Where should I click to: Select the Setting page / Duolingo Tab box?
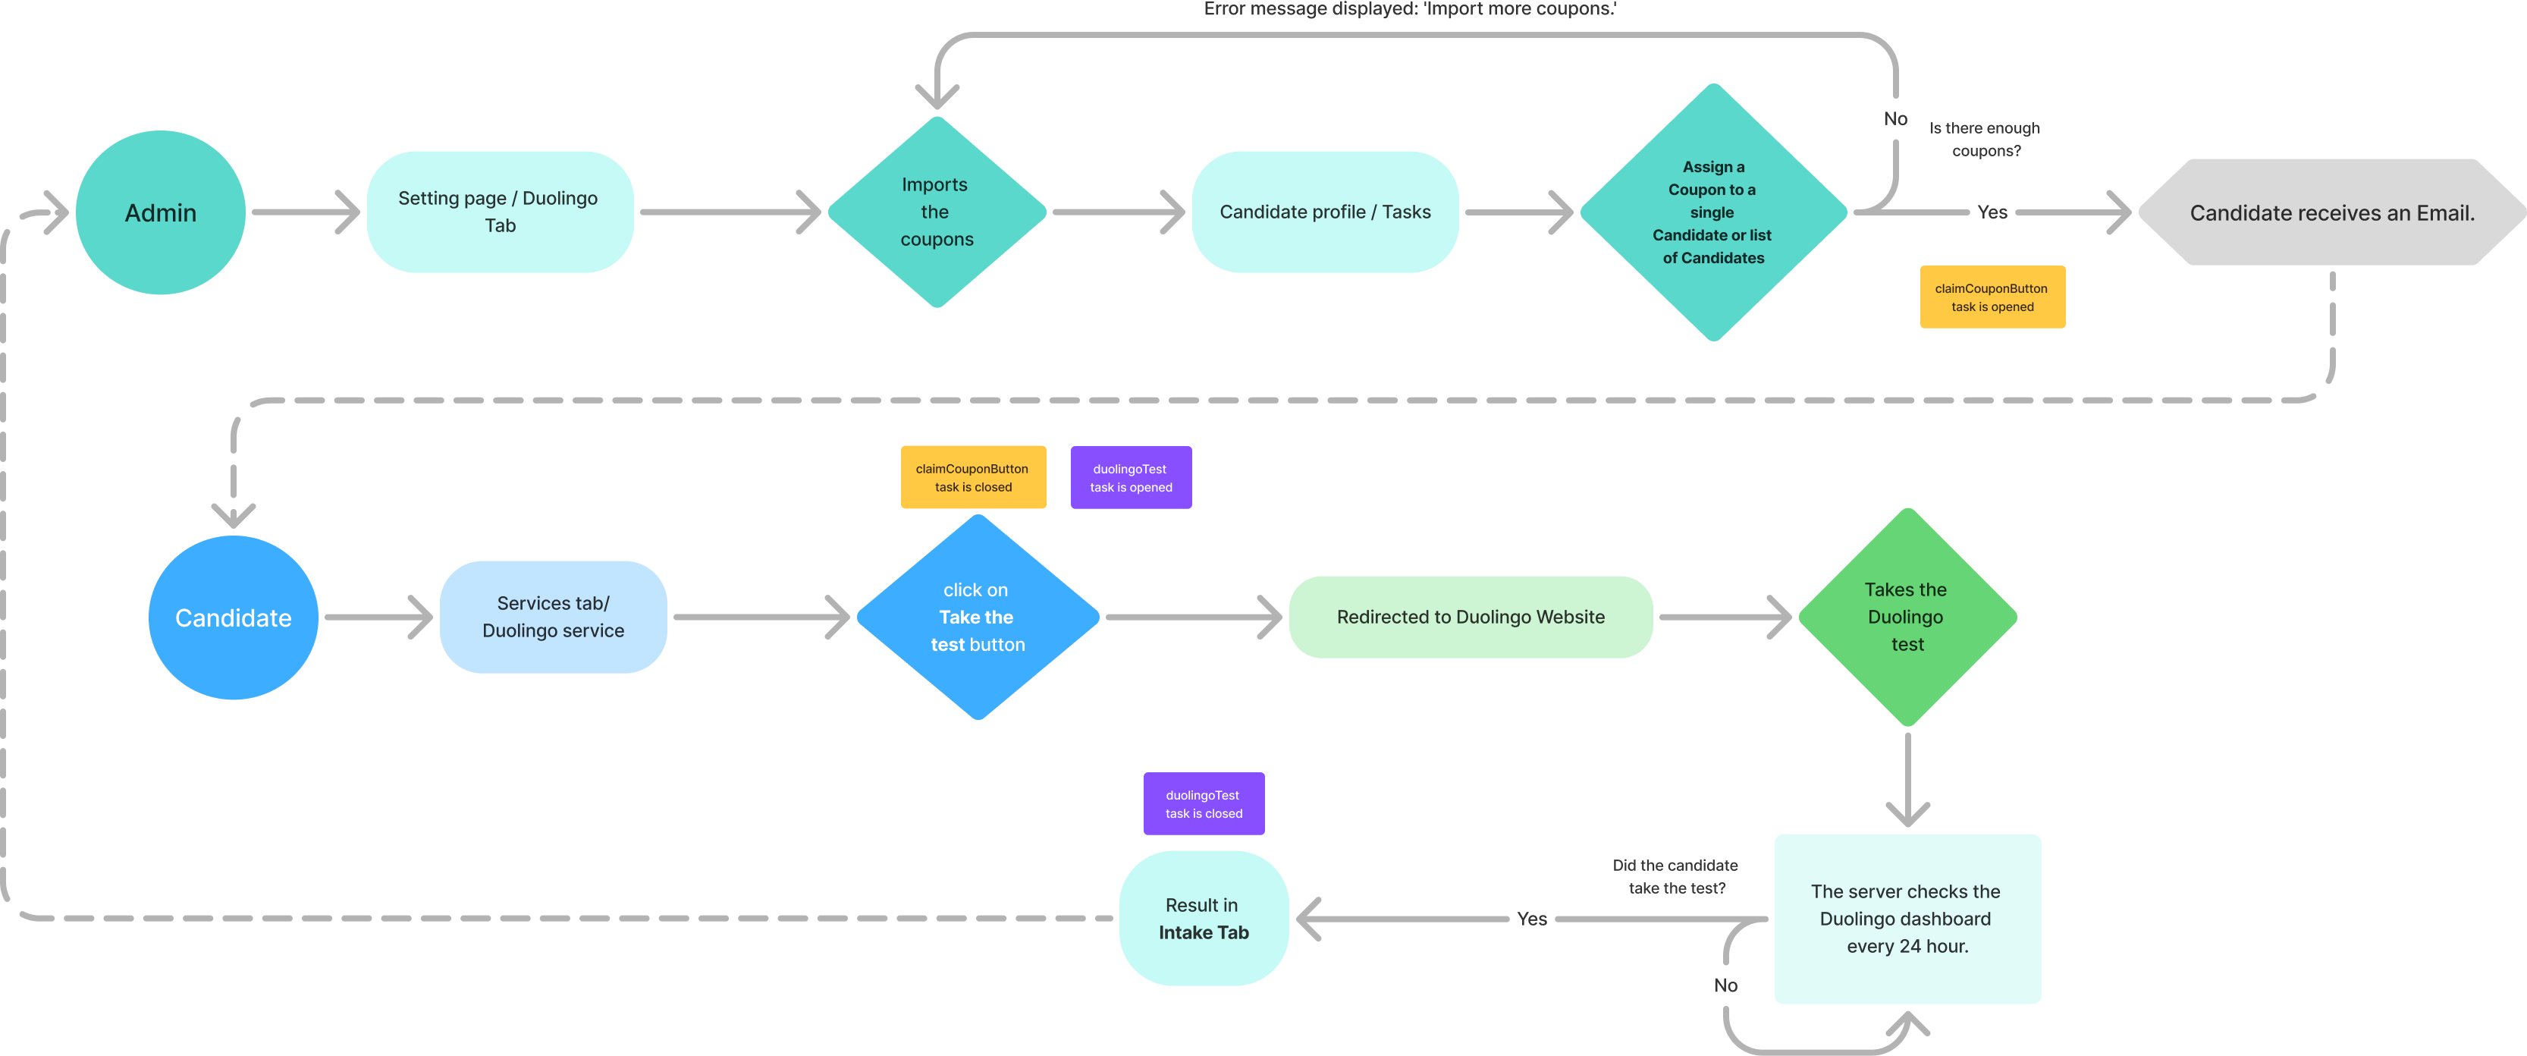(499, 212)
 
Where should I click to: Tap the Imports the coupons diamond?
(937, 212)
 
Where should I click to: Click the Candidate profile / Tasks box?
(1324, 212)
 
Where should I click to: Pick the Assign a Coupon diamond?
(1712, 212)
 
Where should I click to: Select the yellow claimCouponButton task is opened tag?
(1992, 297)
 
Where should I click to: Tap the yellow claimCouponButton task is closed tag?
(972, 478)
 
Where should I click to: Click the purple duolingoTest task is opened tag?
(1130, 478)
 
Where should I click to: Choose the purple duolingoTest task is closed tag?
(1203, 804)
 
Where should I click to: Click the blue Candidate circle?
(234, 618)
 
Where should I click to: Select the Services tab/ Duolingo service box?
(554, 618)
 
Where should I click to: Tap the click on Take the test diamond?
(977, 618)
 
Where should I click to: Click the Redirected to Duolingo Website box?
(1470, 618)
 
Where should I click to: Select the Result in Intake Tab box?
(1203, 919)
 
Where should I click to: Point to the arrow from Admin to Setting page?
(306, 212)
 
